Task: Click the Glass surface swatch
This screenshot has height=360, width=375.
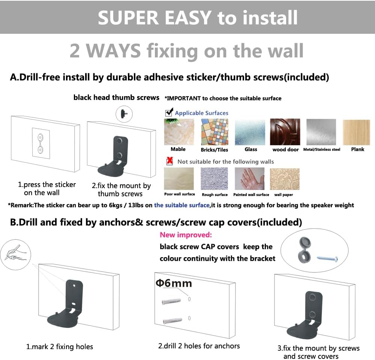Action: tap(250, 132)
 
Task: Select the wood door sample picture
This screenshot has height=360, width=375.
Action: tap(285, 132)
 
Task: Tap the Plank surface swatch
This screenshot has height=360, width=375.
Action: tap(356, 133)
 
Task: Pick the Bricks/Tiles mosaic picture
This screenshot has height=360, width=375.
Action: tap(214, 132)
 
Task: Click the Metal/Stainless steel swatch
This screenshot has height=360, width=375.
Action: tap(321, 132)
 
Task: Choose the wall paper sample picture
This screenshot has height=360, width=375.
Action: tap(285, 179)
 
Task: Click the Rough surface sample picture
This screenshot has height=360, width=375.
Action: tap(214, 179)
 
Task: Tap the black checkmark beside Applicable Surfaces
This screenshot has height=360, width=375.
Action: tap(169, 112)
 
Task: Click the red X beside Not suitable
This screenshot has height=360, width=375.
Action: tap(169, 161)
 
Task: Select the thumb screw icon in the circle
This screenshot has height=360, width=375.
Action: tap(124, 114)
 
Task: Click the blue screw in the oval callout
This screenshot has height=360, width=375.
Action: tap(327, 259)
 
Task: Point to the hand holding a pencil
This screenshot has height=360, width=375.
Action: tap(15, 255)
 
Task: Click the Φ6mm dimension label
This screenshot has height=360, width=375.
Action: tap(174, 283)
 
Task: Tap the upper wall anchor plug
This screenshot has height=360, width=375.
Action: tap(171, 301)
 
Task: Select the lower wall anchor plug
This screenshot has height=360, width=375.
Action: tap(172, 320)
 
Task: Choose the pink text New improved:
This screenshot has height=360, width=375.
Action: tap(186, 235)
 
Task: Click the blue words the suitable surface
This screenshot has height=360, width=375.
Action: tap(182, 205)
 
